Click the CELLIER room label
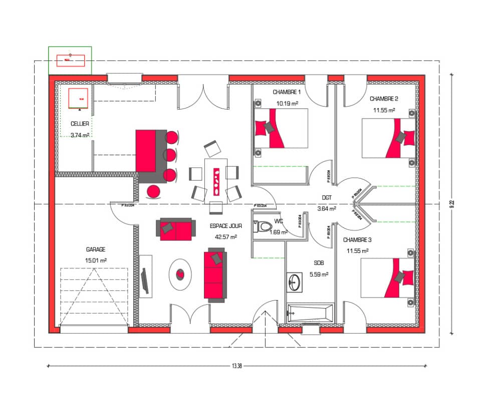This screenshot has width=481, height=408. (x=80, y=123)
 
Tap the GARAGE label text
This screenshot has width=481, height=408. (x=95, y=249)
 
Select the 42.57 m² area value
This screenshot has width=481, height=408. (x=225, y=237)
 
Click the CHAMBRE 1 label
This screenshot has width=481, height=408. (x=287, y=92)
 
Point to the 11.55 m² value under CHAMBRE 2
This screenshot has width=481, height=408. (x=384, y=110)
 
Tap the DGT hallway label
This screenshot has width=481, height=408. (x=327, y=198)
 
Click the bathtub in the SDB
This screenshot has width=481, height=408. (x=310, y=312)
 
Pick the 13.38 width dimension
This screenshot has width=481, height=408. (x=237, y=366)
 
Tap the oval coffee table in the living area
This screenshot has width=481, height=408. (x=180, y=274)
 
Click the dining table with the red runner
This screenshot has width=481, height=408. (x=216, y=179)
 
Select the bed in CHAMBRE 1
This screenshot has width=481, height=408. (x=280, y=128)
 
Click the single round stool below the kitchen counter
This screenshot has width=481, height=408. (x=154, y=191)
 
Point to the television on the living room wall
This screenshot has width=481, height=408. (x=145, y=281)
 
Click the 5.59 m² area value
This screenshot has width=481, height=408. (x=321, y=274)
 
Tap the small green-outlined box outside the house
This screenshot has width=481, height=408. (x=70, y=60)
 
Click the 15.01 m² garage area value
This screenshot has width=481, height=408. (x=96, y=260)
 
